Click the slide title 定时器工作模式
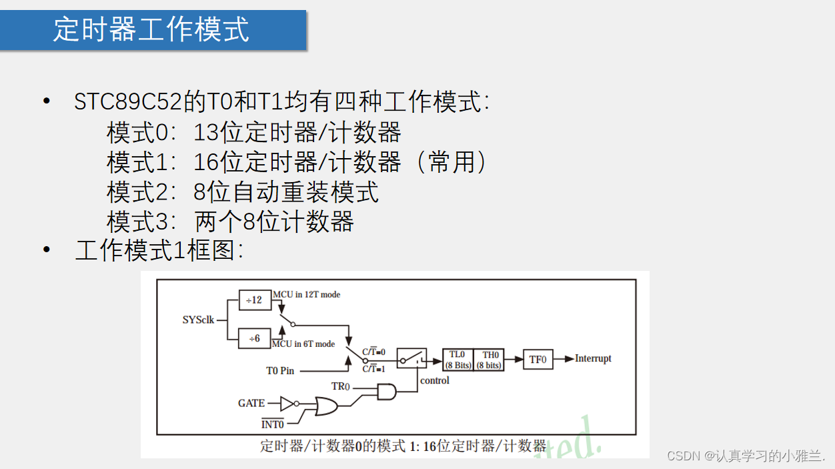[x=151, y=30]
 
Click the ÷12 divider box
[x=255, y=300]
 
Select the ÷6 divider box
[x=255, y=338]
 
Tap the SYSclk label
[x=198, y=320]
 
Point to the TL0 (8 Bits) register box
[x=458, y=360]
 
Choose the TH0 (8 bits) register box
[x=490, y=360]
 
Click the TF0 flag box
[x=538, y=359]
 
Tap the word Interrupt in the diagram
[x=593, y=358]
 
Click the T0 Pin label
[x=280, y=370]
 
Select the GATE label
[x=251, y=403]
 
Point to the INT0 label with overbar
[x=272, y=424]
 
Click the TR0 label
[x=340, y=386]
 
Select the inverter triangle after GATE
[x=287, y=403]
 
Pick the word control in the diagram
[x=434, y=380]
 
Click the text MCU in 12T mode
[x=306, y=294]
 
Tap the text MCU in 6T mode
[x=303, y=344]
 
